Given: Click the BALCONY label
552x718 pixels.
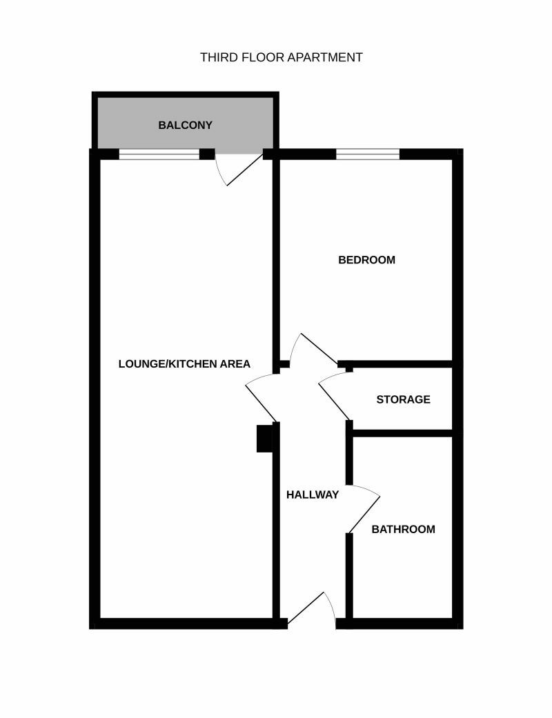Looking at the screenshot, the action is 185,125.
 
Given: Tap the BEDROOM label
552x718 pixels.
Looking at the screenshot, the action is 366,259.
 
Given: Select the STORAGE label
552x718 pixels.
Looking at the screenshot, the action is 403,399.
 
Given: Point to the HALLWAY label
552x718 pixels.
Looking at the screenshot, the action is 313,495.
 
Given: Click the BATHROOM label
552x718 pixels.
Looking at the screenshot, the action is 403,529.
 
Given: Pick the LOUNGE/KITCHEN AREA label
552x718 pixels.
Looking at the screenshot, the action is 184,363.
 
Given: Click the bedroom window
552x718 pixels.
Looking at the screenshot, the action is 368,154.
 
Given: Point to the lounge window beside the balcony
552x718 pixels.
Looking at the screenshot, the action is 159,154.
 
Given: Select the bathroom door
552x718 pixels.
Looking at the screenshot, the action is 364,509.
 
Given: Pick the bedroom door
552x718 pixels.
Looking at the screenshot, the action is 314,350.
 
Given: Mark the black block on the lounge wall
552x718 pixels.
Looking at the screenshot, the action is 264,439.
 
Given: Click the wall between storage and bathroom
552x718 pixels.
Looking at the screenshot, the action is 402,433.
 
